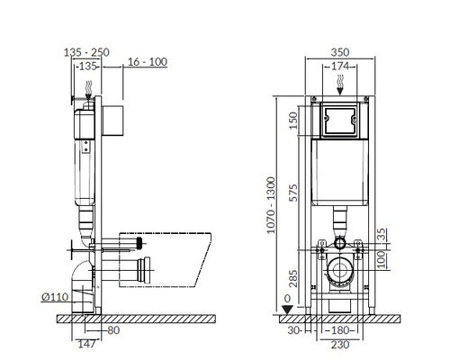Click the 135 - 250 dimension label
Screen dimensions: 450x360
(x=86, y=52)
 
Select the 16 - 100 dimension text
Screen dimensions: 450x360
(x=148, y=62)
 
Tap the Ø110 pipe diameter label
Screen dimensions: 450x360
(x=55, y=297)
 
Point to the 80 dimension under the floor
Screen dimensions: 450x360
(x=113, y=330)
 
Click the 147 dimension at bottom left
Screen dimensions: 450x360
(x=86, y=344)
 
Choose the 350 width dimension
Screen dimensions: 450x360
(x=340, y=52)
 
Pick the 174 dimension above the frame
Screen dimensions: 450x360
(x=340, y=66)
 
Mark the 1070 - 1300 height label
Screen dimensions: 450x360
(x=271, y=205)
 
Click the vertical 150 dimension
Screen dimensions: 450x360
(x=293, y=121)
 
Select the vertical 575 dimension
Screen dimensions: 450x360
(x=293, y=193)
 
